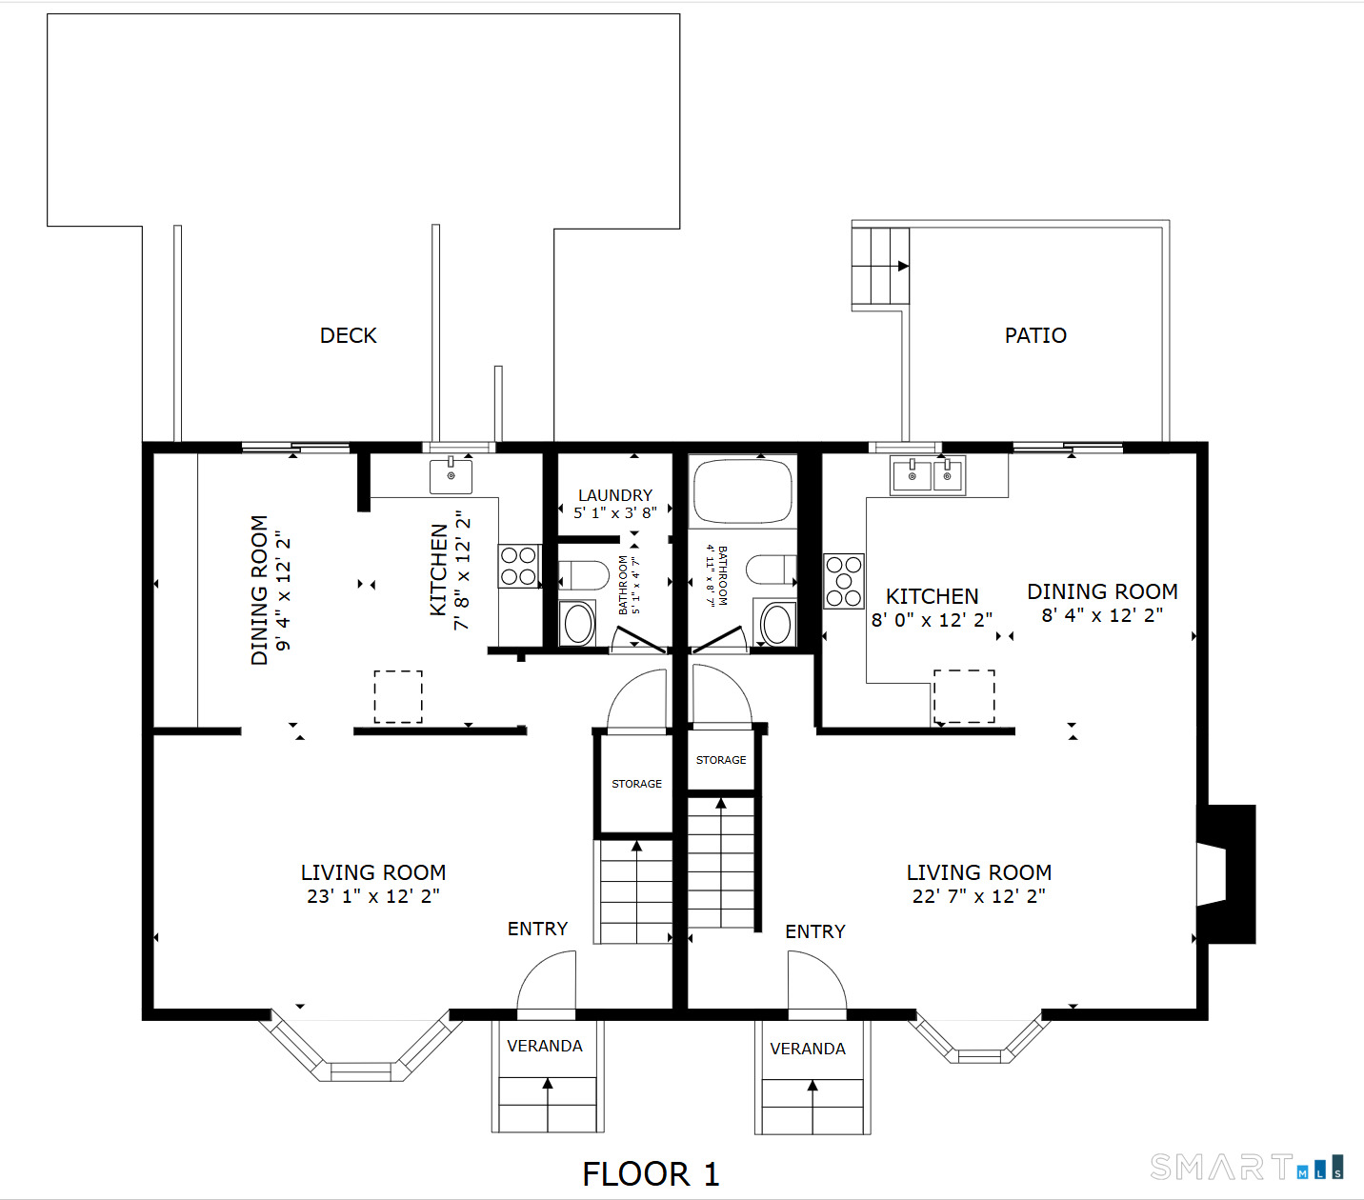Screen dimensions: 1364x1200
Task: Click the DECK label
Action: tap(348, 335)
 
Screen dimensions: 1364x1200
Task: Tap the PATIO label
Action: tap(1035, 335)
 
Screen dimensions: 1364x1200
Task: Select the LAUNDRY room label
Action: tap(615, 495)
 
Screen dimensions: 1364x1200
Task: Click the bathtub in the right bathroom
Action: tap(743, 490)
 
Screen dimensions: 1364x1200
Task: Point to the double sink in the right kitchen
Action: tap(929, 475)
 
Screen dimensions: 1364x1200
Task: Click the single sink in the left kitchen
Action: tap(451, 474)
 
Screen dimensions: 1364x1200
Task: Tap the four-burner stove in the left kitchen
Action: tap(519, 566)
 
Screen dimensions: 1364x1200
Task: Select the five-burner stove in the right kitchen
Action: tap(844, 581)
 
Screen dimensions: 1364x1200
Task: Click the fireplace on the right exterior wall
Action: tap(1226, 874)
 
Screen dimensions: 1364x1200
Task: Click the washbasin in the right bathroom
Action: tap(775, 624)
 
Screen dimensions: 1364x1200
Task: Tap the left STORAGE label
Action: tap(637, 784)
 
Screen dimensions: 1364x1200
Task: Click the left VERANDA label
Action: tap(545, 1046)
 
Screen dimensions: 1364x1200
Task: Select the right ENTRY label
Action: tap(815, 931)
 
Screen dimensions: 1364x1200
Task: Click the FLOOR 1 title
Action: tap(651, 1173)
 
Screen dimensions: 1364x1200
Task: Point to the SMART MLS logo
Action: tap(1247, 1167)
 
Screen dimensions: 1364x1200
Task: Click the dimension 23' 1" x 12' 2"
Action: tap(373, 896)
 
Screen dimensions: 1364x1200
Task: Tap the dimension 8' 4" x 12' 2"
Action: tap(1103, 615)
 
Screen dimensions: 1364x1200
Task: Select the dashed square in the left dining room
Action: tap(398, 696)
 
